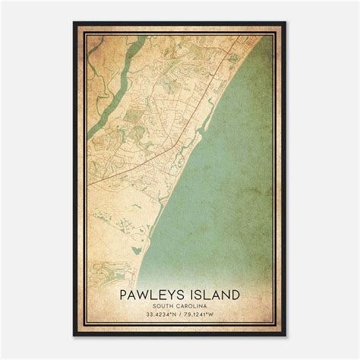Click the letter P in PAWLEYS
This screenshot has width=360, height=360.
(x=122, y=293)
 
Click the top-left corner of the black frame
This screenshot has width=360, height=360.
(x=74, y=23)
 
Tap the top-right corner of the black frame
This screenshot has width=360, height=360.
(x=286, y=23)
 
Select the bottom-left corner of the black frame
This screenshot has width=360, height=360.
(x=74, y=336)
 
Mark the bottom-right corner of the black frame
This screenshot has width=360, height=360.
(x=286, y=336)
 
